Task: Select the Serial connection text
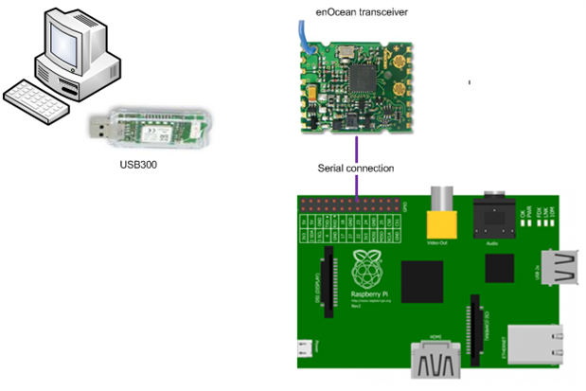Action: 356,169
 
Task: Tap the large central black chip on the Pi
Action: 421,282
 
